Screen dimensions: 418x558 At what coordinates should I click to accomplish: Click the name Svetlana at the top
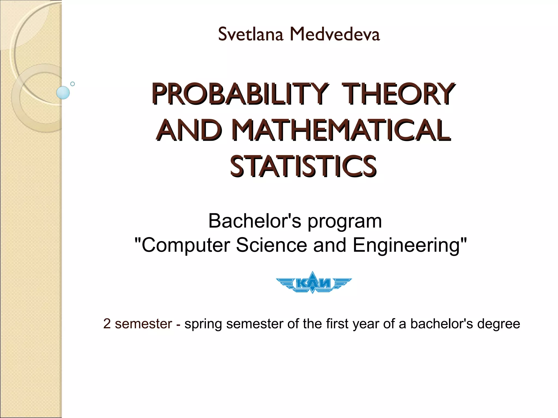(250, 35)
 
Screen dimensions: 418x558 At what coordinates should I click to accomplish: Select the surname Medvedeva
(335, 35)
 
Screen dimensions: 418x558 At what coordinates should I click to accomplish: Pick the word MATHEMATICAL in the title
(342, 130)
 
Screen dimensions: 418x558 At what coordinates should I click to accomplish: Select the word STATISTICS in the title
(303, 166)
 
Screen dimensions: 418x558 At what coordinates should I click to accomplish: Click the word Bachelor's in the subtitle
(255, 221)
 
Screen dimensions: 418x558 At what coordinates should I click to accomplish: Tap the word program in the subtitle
(345, 222)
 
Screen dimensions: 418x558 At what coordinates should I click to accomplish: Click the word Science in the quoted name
(271, 245)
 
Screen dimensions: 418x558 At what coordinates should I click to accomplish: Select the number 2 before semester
(107, 324)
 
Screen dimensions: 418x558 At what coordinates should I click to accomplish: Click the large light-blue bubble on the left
(63, 93)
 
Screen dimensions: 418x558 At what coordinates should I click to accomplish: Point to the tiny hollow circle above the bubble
(72, 84)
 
